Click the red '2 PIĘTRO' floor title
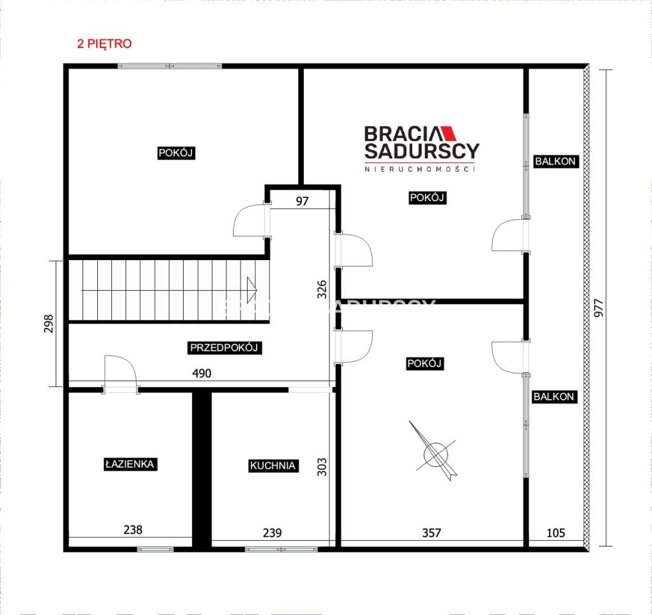[104, 44]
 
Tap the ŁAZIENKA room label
[130, 464]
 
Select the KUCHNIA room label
[273, 466]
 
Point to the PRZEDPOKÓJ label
[224, 348]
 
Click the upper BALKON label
[555, 161]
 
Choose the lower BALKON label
[553, 397]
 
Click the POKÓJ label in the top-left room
[176, 153]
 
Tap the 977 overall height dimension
[598, 308]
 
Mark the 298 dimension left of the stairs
[49, 323]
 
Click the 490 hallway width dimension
[202, 373]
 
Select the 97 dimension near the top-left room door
[302, 201]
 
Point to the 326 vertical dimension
[322, 290]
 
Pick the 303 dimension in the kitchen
[322, 467]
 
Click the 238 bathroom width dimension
[133, 530]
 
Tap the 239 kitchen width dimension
[273, 532]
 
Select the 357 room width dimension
[431, 532]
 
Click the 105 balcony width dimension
[555, 532]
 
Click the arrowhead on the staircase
[251, 290]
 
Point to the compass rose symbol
[435, 452]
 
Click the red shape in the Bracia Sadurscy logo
[449, 133]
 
